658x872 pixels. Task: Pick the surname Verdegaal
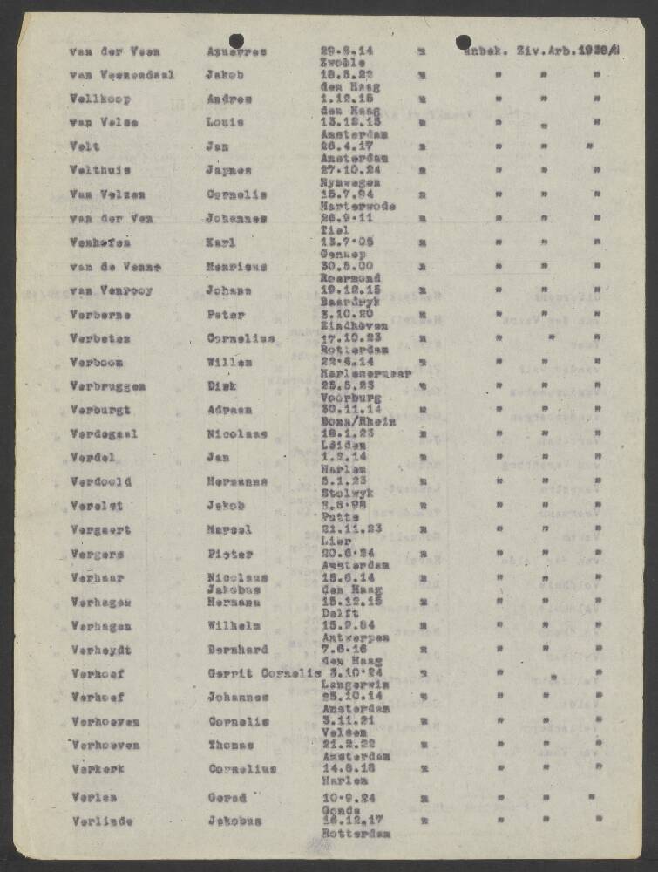pyautogui.click(x=103, y=434)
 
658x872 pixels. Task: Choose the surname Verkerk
pyautogui.click(x=97, y=769)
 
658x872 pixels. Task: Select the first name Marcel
pyautogui.click(x=229, y=529)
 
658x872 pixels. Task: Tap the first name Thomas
pyautogui.click(x=231, y=745)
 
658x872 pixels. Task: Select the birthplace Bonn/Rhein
pyautogui.click(x=357, y=421)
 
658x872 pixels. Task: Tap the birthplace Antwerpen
pyautogui.click(x=353, y=637)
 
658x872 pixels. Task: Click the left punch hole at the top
pyautogui.click(x=236, y=41)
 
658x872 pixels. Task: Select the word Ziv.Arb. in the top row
pyautogui.click(x=548, y=51)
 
